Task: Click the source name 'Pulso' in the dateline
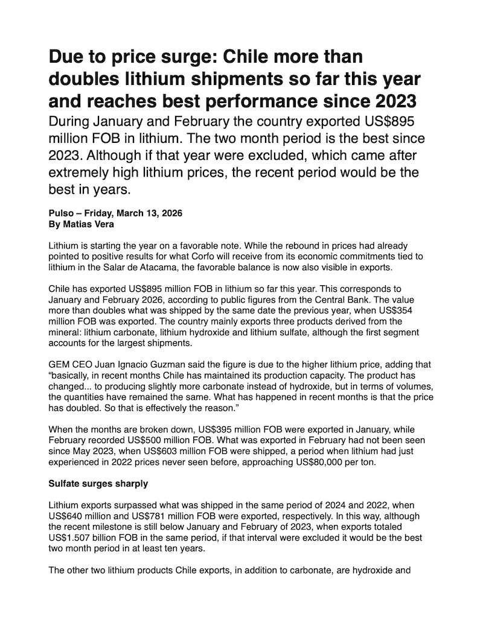click(x=61, y=213)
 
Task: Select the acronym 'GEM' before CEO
click(x=59, y=365)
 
